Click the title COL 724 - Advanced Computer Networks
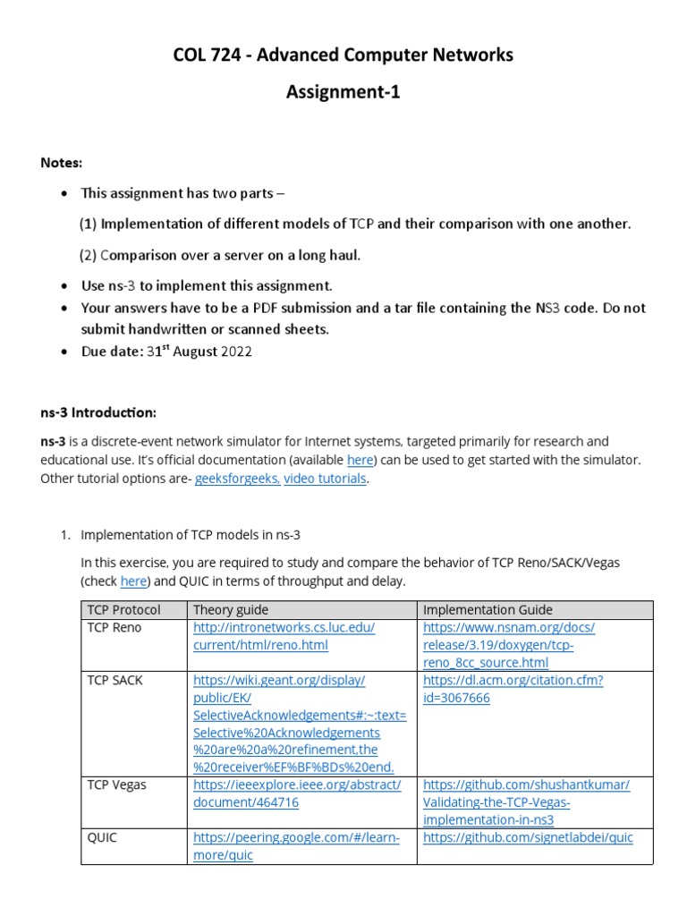click(343, 55)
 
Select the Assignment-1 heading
click(343, 92)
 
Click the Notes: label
click(61, 163)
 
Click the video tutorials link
click(325, 479)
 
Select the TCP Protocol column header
click(123, 610)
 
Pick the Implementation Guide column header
click(488, 610)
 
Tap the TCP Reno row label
click(114, 628)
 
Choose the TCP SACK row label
click(114, 681)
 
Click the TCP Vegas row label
click(116, 785)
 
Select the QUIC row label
click(102, 838)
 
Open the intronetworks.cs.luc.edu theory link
click(284, 636)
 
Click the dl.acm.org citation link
click(513, 689)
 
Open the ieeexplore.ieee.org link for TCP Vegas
click(297, 793)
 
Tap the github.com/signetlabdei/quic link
click(528, 838)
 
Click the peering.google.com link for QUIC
click(296, 846)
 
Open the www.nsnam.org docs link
click(508, 645)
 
